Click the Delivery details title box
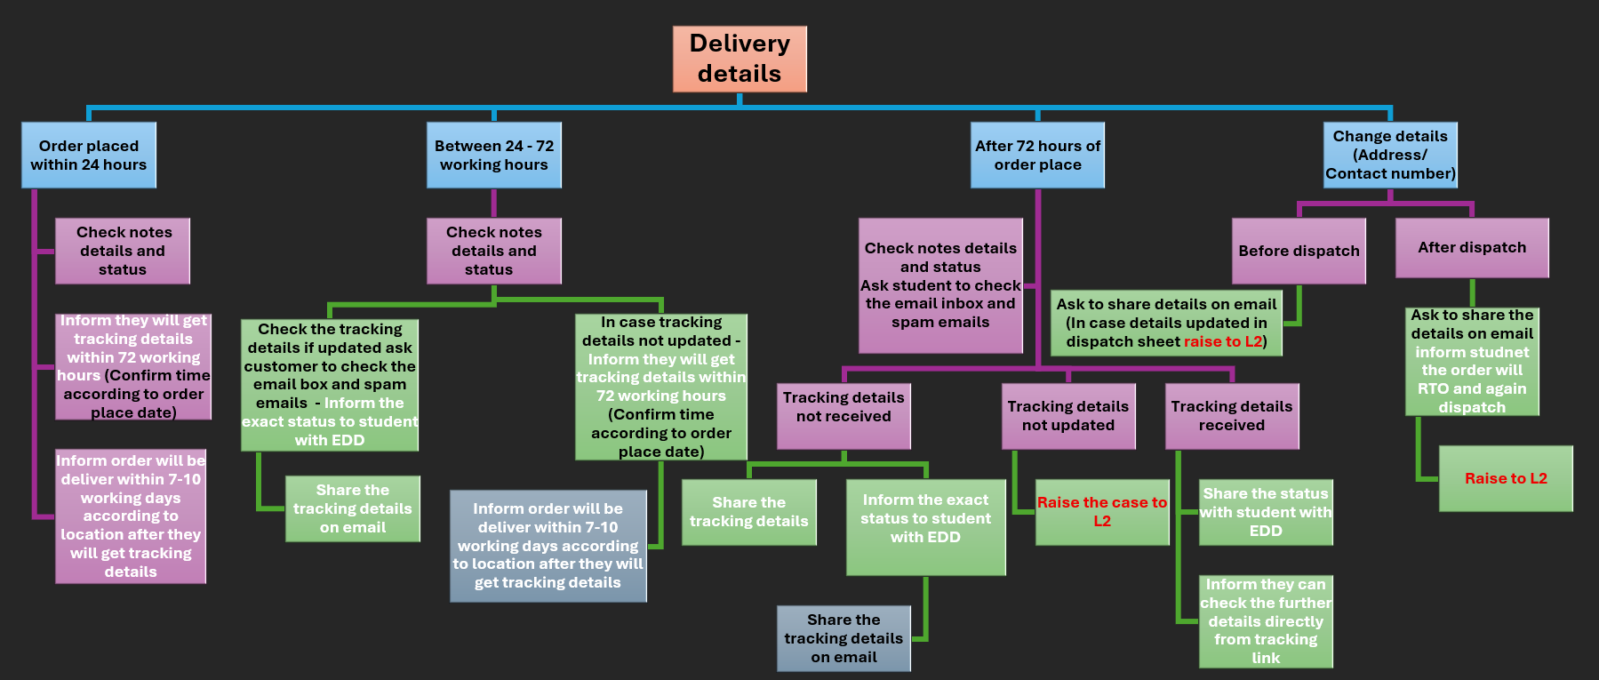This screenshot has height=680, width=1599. click(740, 59)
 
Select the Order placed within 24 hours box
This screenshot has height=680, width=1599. click(89, 156)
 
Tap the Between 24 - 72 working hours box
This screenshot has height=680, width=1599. click(494, 156)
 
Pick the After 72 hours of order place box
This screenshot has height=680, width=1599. click(1037, 156)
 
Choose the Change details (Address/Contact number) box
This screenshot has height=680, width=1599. click(1390, 156)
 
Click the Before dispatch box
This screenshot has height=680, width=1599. click(1299, 251)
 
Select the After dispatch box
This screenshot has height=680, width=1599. click(1472, 248)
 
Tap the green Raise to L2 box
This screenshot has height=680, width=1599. click(1506, 478)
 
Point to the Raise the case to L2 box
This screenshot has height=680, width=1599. click(1102, 512)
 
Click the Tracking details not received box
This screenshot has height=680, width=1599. click(843, 416)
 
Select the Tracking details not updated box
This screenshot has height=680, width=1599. click(1068, 416)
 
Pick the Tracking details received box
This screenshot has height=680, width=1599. click(1232, 416)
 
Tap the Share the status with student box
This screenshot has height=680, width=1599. click(1266, 512)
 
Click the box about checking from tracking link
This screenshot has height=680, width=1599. click(1266, 621)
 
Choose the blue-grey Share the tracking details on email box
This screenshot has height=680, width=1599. click(843, 638)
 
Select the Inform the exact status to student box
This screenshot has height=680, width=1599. click(925, 527)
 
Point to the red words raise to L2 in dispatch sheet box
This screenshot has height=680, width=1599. click(1222, 342)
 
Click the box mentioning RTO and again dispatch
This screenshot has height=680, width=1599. click(1472, 361)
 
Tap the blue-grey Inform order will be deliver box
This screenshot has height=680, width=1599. click(548, 546)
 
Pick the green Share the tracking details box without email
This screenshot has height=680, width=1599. click(748, 512)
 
